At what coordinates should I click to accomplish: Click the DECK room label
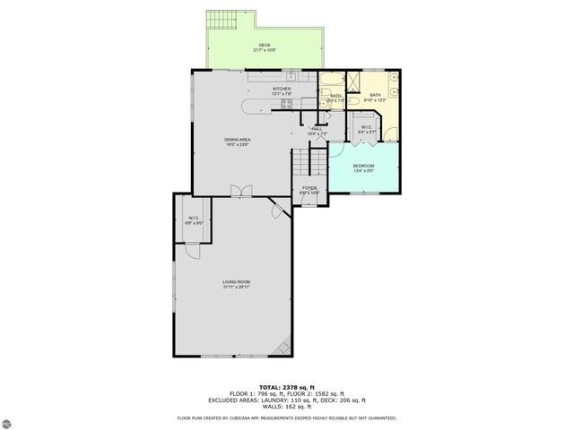point(265,45)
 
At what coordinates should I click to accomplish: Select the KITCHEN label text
point(283,89)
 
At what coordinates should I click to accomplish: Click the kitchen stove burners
point(287,104)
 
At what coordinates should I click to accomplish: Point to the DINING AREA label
point(237,140)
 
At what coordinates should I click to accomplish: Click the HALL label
point(317,129)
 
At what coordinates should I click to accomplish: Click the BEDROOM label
point(363,166)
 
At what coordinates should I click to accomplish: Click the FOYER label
point(309,188)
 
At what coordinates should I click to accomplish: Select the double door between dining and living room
point(238,190)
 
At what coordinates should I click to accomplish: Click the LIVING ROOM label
point(236,283)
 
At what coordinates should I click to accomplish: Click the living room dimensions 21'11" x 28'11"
point(236,288)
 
